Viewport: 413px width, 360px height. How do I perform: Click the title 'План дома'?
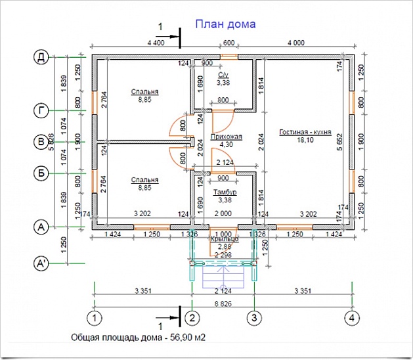(225, 24)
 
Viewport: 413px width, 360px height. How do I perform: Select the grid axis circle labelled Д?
(41, 58)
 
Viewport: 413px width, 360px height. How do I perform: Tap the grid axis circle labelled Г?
(41, 111)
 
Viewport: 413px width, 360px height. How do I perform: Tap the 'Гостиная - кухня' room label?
(304, 131)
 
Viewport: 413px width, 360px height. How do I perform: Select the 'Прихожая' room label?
(227, 137)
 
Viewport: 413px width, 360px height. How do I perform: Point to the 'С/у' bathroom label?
(223, 76)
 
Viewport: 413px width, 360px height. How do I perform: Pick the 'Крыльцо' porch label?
(224, 239)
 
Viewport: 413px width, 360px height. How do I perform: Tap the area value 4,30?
(226, 145)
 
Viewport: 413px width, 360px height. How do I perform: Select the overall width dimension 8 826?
(224, 304)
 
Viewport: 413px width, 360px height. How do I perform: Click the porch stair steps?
(224, 277)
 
